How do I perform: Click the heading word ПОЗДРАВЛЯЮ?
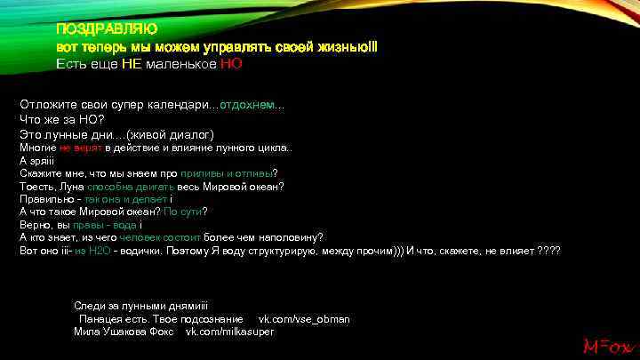click(95, 29)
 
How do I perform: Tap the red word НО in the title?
click(231, 64)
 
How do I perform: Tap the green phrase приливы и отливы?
click(227, 173)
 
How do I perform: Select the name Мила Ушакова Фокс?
click(125, 331)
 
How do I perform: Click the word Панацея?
click(102, 318)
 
